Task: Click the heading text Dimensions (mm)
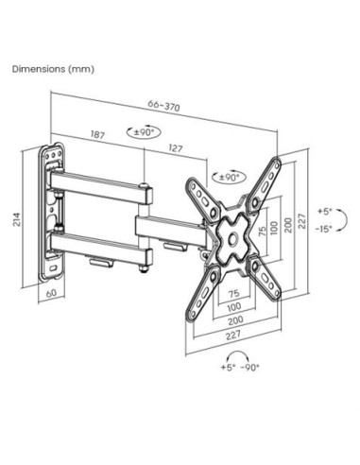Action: [53, 69]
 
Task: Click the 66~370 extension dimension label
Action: [163, 106]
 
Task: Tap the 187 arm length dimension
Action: [97, 134]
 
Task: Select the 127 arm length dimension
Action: [176, 148]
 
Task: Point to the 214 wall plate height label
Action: [17, 219]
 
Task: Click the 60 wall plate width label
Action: [51, 293]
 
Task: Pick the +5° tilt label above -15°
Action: [325, 212]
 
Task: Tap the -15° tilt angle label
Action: [324, 229]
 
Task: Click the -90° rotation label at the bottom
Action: [249, 368]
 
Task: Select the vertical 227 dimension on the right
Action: [301, 221]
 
